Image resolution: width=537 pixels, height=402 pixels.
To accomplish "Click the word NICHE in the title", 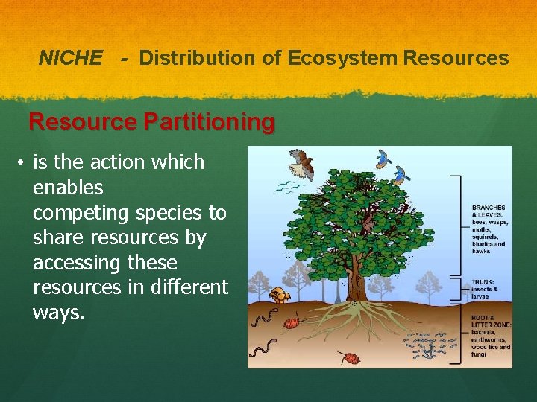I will coord(70,58).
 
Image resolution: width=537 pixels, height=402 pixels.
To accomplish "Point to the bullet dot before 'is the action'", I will coord(23,163).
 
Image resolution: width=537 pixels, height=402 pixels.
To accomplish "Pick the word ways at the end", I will coord(59,313).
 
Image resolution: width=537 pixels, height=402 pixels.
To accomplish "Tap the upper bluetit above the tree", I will coord(384,157).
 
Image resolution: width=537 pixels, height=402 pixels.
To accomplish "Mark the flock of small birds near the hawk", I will coord(284,186).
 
